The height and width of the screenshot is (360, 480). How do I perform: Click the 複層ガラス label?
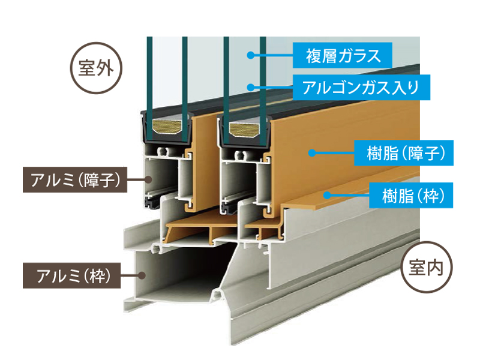tap(343, 56)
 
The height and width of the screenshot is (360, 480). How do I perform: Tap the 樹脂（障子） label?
tap(400, 152)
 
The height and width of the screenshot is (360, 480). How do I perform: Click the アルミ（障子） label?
tap(74, 179)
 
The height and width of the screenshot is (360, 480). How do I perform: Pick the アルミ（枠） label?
tap(72, 276)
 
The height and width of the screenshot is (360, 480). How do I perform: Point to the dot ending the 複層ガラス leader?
tap(251, 56)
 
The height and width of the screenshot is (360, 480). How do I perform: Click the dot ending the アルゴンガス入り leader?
tap(251, 88)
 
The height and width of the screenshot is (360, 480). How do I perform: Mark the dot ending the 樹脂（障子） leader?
tap(311, 152)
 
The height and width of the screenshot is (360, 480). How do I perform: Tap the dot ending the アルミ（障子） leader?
tap(148, 179)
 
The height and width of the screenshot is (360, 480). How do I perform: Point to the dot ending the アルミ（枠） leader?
tap(142, 276)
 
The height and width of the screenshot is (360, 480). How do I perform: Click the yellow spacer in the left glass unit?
tap(166, 126)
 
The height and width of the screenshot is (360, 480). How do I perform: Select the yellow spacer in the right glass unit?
tap(243, 128)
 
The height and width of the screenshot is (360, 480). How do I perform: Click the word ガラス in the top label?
tap(359, 56)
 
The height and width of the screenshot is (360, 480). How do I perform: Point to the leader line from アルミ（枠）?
tap(132, 276)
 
